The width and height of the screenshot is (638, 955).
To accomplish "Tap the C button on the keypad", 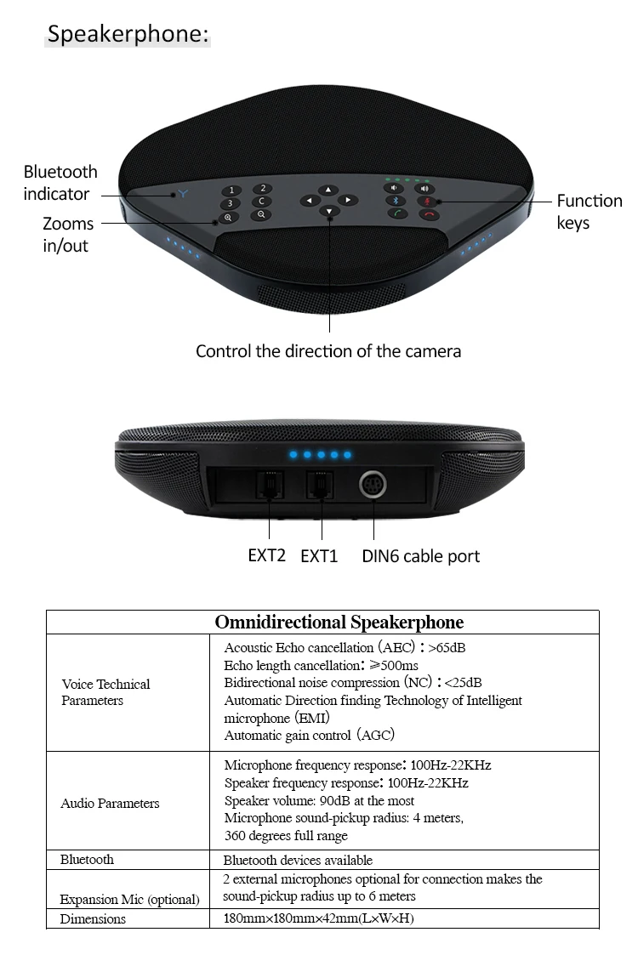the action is click(262, 202).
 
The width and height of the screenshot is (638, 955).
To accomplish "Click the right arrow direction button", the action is click(348, 200).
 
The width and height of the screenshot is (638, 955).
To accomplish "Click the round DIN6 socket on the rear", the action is click(373, 485).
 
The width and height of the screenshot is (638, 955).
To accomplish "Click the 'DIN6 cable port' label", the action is click(420, 556).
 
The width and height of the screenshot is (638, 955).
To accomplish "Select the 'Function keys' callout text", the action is click(589, 212).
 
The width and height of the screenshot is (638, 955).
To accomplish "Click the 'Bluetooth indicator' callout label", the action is click(60, 183).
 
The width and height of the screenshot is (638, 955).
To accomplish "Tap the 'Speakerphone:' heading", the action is click(128, 34).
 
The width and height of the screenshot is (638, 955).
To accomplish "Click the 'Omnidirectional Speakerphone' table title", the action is click(339, 622).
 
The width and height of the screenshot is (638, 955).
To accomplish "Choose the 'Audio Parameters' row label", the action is click(110, 803).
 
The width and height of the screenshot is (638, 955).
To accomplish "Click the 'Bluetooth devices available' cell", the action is click(298, 860).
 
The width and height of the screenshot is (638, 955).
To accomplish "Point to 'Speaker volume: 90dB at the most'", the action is click(319, 800).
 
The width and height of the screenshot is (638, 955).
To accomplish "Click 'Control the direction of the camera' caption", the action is click(328, 350).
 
